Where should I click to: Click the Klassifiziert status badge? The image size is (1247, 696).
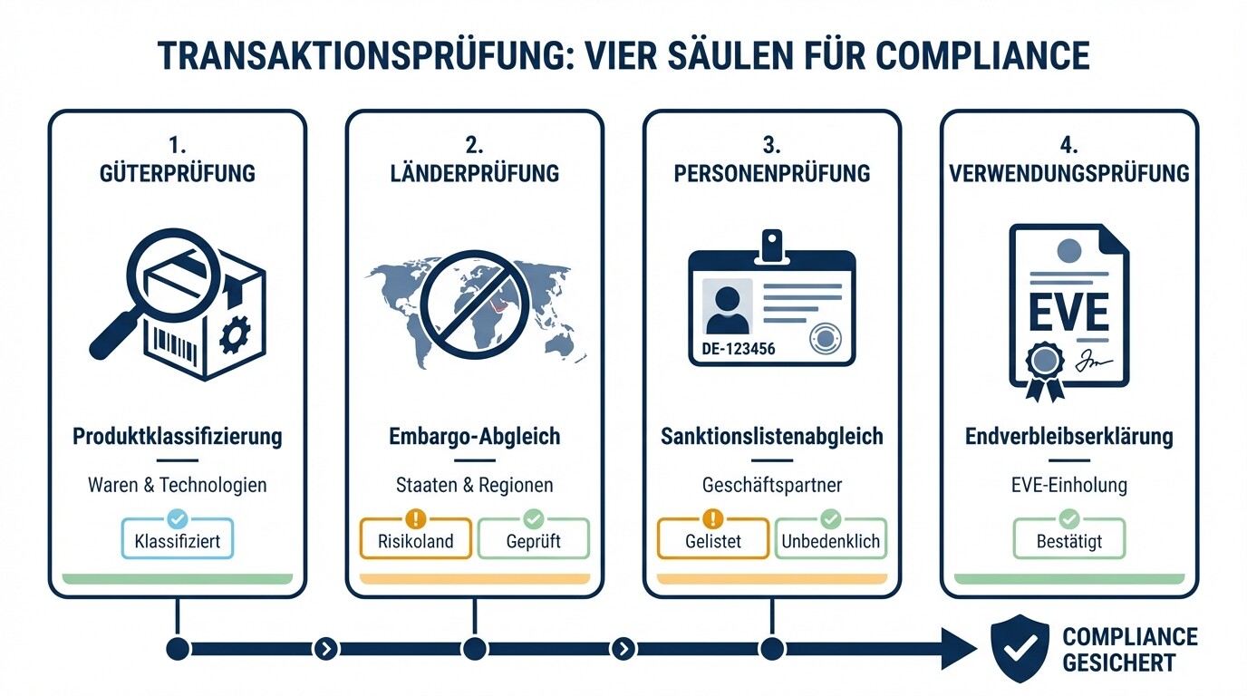pos(177,541)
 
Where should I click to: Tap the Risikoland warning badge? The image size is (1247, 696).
pos(415,541)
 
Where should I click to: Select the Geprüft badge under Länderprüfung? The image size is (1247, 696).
pos(533,541)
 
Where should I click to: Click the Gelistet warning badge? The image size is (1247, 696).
pos(712,541)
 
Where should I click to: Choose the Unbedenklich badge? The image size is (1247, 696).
pos(830,541)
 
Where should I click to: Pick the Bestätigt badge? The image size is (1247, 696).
pos(1068,541)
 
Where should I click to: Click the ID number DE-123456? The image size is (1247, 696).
pos(739,349)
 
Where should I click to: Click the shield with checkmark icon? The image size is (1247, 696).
pos(1020,649)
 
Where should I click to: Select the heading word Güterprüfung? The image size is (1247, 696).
pos(177,172)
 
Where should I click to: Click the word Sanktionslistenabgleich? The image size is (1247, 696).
pos(771,437)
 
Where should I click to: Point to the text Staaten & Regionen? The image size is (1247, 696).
pos(474,485)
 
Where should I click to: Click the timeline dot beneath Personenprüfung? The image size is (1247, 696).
pos(771,649)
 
